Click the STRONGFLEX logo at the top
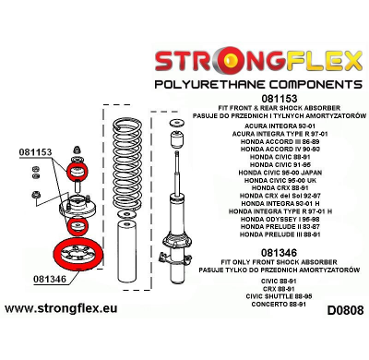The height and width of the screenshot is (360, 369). pos(256,62)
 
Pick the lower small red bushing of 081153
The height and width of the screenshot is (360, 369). pos(77,225)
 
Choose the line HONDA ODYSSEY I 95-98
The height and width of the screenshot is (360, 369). pos(289,216)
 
